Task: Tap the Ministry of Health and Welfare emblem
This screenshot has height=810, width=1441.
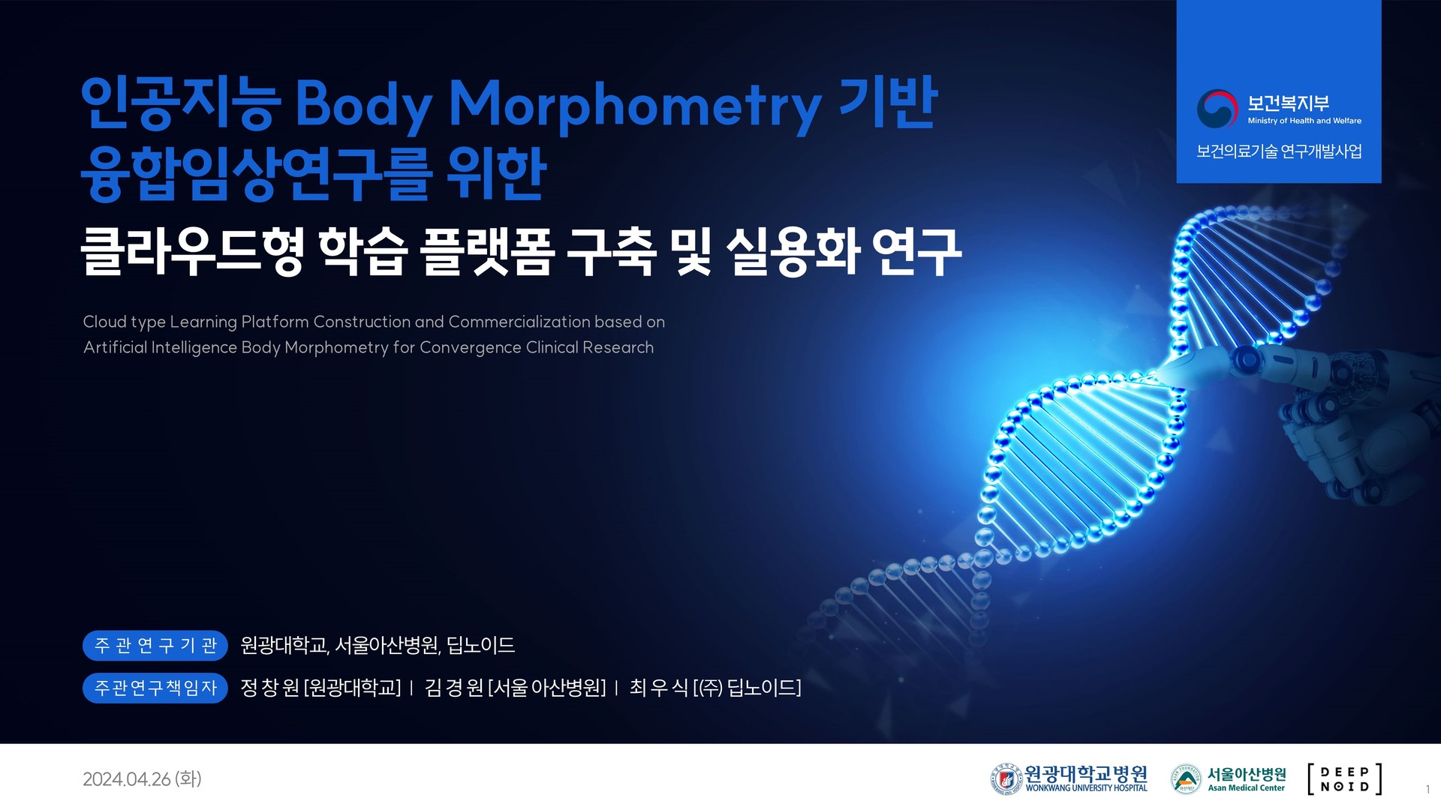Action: tap(1217, 109)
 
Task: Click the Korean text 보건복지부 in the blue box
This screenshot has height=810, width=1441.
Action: tap(1288, 103)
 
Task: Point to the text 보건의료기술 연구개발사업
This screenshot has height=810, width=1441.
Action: tap(1279, 151)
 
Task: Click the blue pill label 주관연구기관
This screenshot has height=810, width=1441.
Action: tap(155, 646)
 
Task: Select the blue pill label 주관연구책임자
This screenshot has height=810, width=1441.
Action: tap(155, 688)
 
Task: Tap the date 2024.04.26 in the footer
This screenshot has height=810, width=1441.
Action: tap(127, 779)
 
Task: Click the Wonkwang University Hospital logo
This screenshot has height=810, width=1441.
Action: tap(1069, 778)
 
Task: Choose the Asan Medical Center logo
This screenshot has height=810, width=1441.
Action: tap(1229, 778)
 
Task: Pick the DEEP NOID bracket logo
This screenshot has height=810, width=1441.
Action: tap(1344, 778)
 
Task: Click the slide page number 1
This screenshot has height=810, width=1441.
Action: tap(1427, 789)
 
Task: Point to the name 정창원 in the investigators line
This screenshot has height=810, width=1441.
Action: tap(269, 688)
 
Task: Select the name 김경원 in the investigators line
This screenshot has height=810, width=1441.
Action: tap(454, 688)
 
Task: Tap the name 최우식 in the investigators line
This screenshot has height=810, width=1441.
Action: tap(659, 688)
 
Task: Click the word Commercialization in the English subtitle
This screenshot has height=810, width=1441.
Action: tap(519, 322)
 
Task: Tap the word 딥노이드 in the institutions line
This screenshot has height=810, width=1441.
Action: tap(480, 646)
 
